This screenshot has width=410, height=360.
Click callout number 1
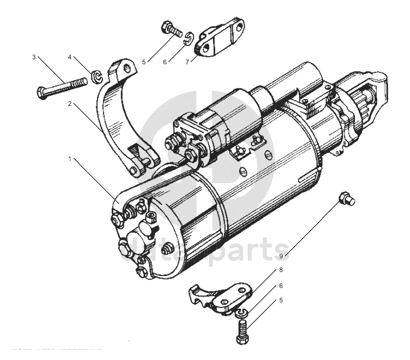[70, 160]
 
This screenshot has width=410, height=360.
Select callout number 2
[70, 104]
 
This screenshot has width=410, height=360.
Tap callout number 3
[34, 57]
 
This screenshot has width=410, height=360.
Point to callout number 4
[70, 57]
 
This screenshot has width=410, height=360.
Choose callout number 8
[281, 270]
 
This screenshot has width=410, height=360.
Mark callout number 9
[281, 256]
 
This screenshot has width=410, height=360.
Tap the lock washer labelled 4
[96, 77]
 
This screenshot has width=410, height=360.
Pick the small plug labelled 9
[344, 199]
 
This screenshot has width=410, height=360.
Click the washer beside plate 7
[188, 39]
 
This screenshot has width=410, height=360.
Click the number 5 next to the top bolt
[144, 62]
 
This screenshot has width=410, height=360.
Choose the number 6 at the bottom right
[281, 286]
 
